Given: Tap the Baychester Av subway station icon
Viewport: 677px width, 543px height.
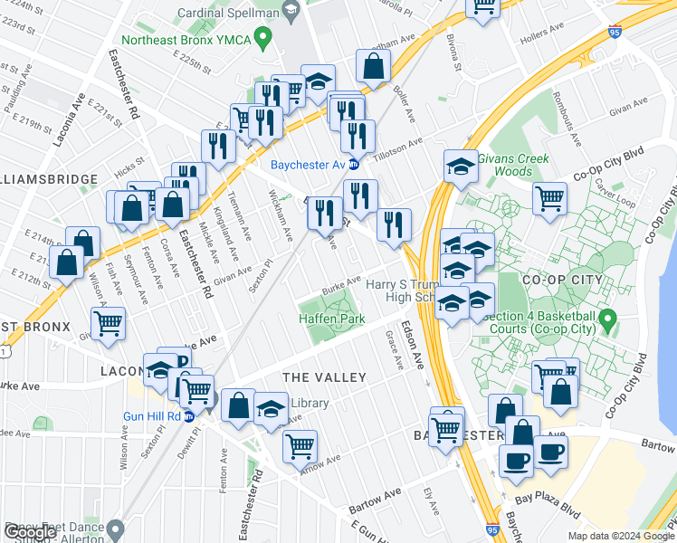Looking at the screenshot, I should [x=354, y=165].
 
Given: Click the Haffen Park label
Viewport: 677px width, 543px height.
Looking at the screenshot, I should [x=331, y=319].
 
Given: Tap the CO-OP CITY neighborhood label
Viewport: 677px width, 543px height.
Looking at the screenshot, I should [x=562, y=280].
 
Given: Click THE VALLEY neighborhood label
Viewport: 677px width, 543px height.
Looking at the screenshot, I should [x=325, y=377].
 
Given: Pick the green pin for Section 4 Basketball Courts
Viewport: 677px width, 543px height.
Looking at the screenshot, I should [x=608, y=319].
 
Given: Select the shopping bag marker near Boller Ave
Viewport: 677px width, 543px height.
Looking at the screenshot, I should [x=373, y=66].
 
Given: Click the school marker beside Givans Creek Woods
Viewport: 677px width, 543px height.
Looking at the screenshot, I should [x=461, y=167].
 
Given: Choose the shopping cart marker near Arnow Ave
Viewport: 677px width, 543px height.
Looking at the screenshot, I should [x=300, y=444].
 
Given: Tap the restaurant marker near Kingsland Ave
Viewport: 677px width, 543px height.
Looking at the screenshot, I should [x=218, y=145].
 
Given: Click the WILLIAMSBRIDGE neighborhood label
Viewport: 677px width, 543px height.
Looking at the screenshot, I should [x=49, y=180].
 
